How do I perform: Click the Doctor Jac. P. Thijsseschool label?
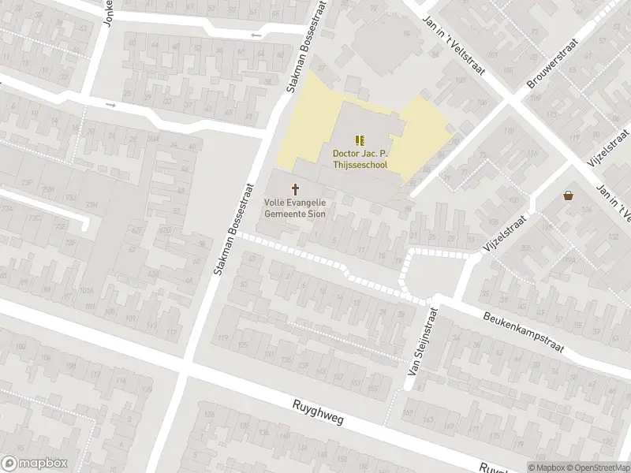coord(360,158)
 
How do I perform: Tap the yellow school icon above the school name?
coord(361,140)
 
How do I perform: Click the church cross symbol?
coord(296,189)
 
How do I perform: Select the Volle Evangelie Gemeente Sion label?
coord(295,208)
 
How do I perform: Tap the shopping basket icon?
coord(567,195)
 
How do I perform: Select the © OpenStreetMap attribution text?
coord(597,467)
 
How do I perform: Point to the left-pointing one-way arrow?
coord(255,35)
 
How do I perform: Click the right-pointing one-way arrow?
coord(110,105)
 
